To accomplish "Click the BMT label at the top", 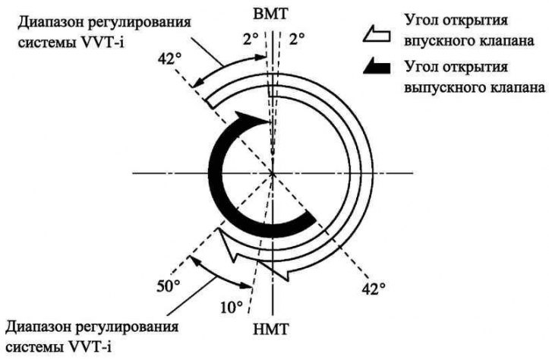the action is tap(272, 14).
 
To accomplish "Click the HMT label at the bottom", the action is tap(272, 329).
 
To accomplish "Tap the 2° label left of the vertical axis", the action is tap(251, 39).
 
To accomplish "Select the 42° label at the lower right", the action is tap(374, 289).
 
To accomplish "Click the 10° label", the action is tap(232, 308).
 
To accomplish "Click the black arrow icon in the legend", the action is tap(377, 67).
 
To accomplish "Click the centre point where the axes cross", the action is tap(272, 173).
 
